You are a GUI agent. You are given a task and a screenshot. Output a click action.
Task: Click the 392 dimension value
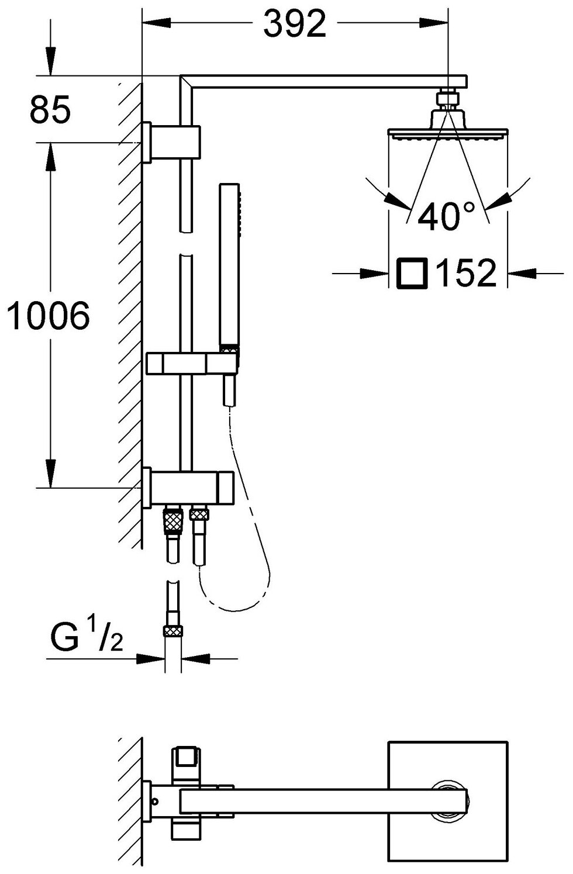(x=294, y=25)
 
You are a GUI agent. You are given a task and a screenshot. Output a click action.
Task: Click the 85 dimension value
(x=50, y=109)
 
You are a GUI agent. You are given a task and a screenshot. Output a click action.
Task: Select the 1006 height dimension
(x=48, y=316)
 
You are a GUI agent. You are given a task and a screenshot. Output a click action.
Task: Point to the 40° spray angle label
(x=448, y=216)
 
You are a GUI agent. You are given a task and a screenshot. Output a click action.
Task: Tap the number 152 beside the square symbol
(x=466, y=273)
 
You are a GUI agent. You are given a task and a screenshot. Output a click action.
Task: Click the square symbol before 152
(x=412, y=273)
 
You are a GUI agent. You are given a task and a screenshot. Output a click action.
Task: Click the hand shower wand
(x=230, y=266)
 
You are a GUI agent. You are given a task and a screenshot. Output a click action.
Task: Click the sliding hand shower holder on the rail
(x=193, y=363)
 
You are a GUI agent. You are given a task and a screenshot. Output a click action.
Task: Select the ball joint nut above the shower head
(x=447, y=97)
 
